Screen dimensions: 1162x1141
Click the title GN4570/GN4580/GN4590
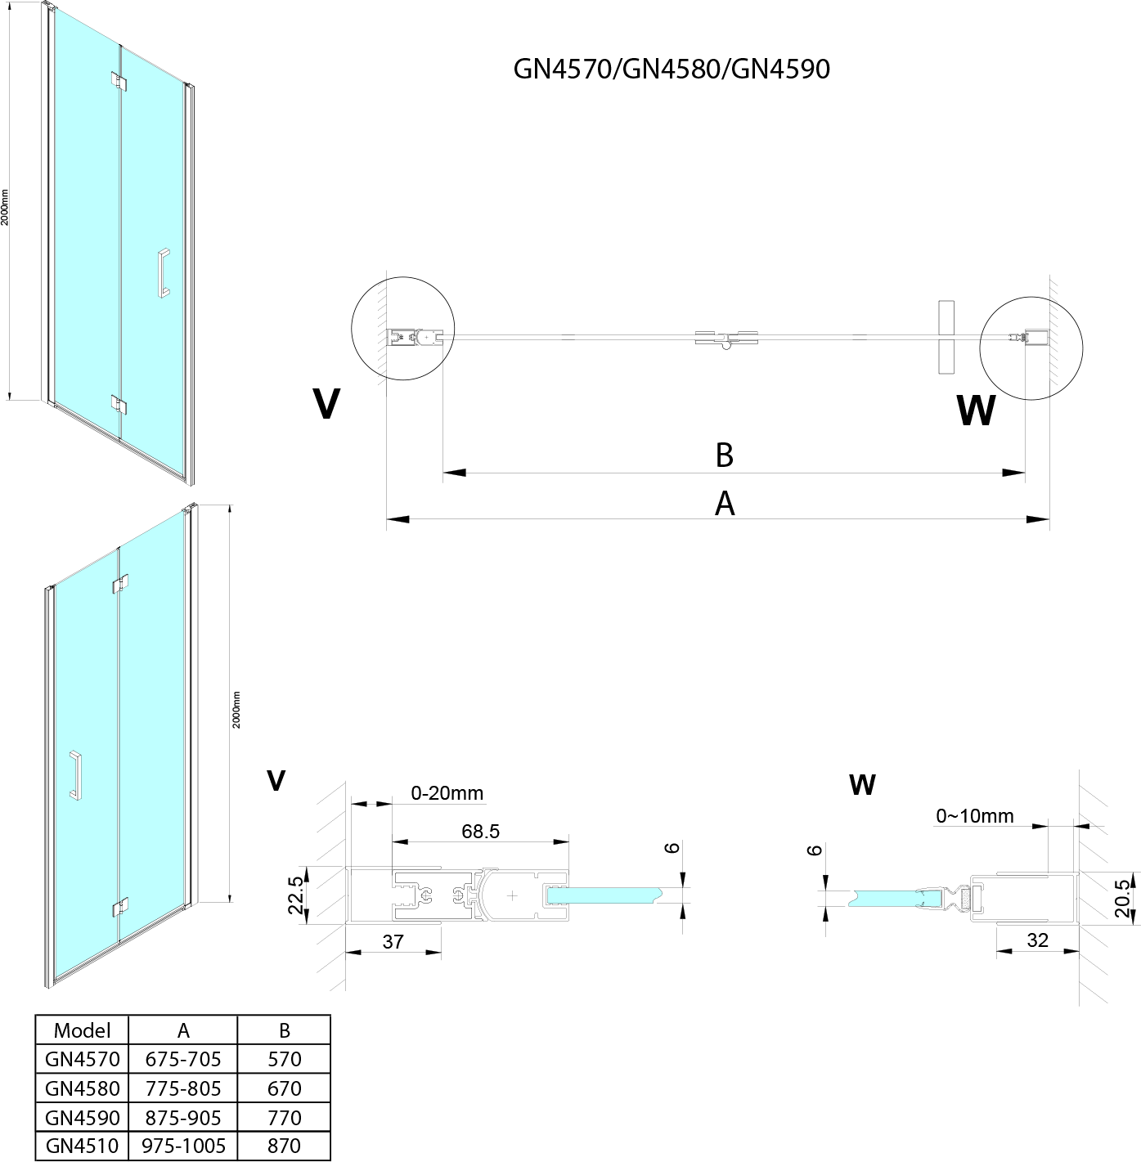coord(672,69)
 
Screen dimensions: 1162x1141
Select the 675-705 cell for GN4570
coord(183,1059)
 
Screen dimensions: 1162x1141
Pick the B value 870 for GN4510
coord(284,1146)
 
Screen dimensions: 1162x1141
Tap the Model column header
coord(82,1030)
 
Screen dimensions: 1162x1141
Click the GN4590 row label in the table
coord(83,1117)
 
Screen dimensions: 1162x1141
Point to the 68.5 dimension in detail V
coord(480,831)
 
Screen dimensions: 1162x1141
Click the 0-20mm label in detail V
coord(447,792)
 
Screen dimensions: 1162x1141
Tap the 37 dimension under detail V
coord(393,941)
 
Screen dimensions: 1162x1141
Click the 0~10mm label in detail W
coord(975,815)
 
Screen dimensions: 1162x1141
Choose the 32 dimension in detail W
coord(1037,940)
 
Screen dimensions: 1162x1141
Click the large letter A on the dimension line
coord(725,504)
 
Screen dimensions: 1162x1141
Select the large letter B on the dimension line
coord(724,455)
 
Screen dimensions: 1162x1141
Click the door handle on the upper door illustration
coord(164,271)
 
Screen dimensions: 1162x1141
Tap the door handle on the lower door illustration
coord(75,774)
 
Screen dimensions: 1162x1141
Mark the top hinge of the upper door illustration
coord(119,82)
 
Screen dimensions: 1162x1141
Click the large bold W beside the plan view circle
coord(976,411)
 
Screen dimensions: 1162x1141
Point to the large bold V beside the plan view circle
coord(326,403)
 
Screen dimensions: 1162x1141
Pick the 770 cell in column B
coord(284,1117)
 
